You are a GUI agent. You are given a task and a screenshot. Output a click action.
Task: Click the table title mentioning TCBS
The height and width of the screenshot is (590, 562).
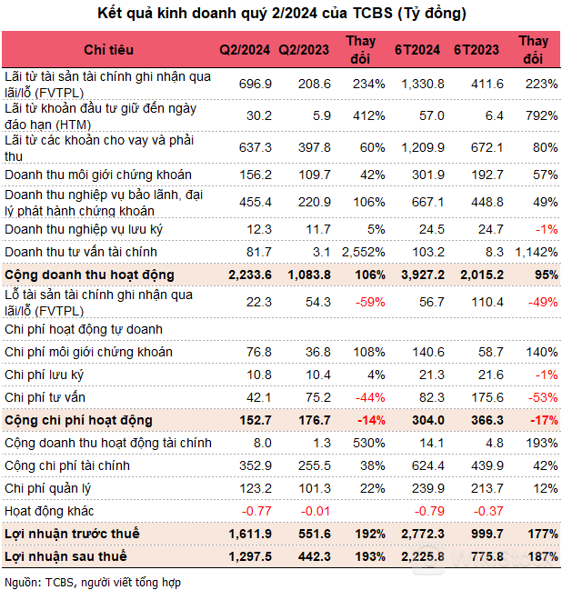click(x=281, y=13)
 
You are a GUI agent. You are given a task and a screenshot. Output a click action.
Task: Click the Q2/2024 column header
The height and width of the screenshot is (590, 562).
click(x=246, y=49)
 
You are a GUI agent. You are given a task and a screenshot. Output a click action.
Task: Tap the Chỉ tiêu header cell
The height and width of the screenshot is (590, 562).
click(x=109, y=49)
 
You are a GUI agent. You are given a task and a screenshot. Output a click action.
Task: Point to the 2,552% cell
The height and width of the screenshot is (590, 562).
click(x=364, y=251)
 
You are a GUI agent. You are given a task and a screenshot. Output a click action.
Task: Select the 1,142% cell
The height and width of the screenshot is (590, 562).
click(x=536, y=251)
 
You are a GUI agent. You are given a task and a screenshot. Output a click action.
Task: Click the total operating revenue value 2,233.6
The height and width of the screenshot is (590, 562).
click(x=246, y=275)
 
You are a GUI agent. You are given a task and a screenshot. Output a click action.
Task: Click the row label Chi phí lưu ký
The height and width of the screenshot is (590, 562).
click(x=53, y=375)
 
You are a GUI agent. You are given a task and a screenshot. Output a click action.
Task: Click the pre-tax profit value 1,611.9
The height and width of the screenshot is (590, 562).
click(x=247, y=534)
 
